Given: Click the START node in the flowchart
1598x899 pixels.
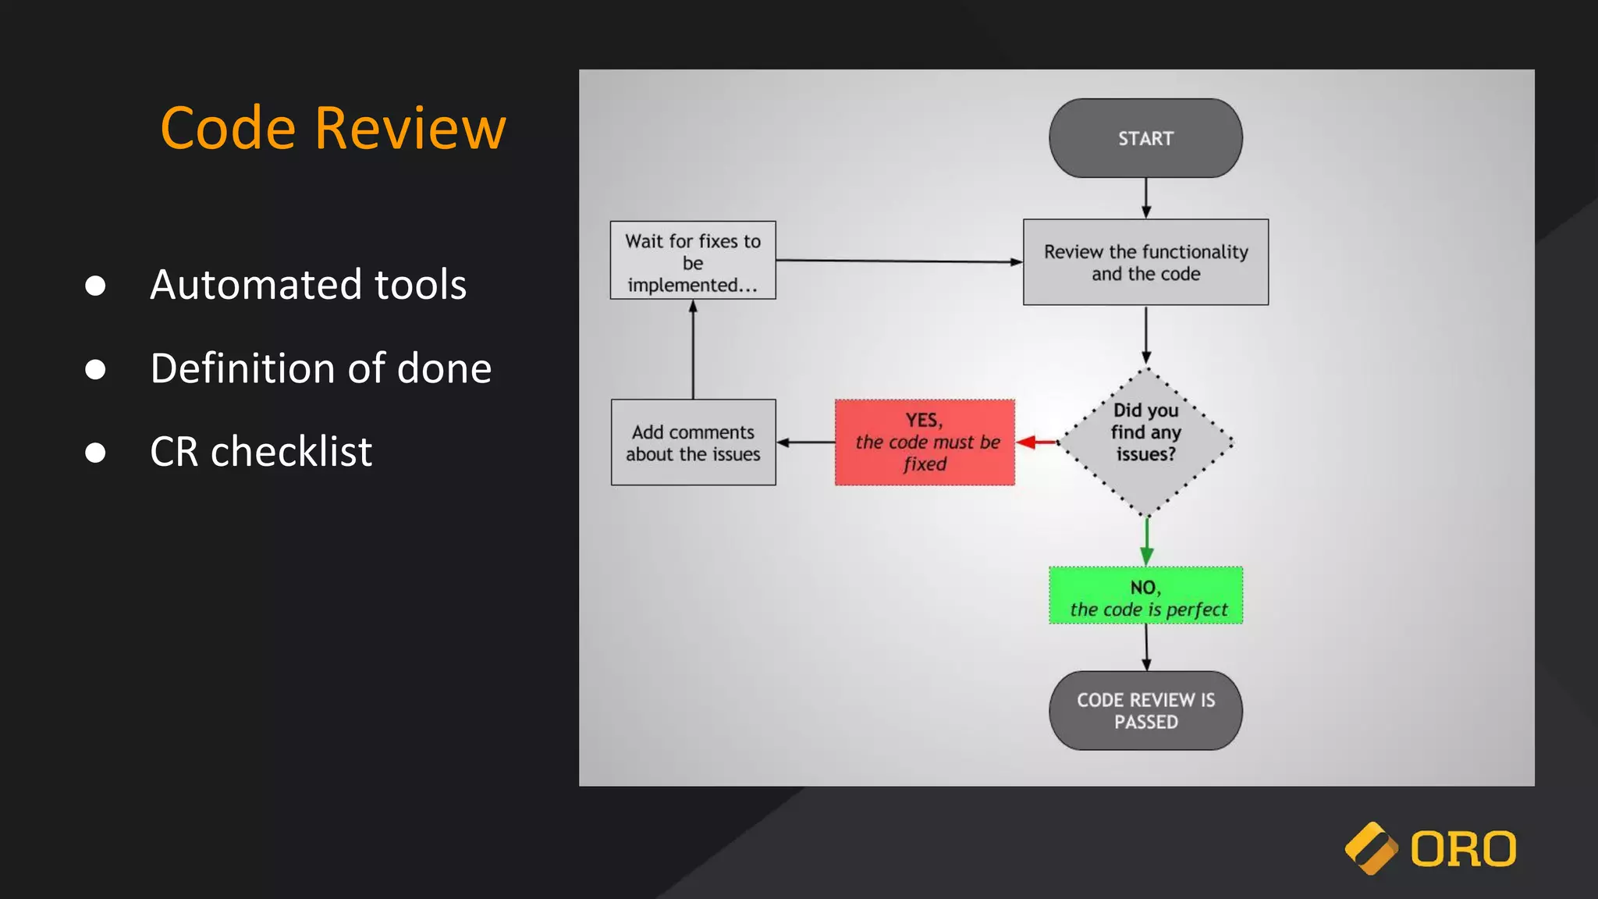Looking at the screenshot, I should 1145,138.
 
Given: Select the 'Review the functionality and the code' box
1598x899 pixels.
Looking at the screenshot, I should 1145,262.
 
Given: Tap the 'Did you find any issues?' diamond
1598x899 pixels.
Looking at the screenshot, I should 1145,442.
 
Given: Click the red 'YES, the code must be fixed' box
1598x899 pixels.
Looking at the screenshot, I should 925,442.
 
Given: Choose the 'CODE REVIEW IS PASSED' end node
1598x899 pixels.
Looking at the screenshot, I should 1145,710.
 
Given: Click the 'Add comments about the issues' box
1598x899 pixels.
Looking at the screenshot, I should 693,442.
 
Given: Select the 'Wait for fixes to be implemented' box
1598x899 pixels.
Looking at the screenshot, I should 693,261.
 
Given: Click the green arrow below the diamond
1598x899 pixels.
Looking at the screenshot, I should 1146,542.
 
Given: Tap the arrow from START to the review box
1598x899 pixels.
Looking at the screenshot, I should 1145,197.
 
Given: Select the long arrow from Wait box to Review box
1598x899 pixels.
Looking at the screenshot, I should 897,261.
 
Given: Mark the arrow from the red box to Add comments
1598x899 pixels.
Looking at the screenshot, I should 805,442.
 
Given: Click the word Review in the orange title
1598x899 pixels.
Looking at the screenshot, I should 410,128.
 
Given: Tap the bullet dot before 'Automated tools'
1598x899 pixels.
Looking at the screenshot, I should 95,286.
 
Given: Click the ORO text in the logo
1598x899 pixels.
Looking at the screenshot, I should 1463,849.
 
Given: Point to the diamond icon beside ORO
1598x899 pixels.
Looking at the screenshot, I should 1371,849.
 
